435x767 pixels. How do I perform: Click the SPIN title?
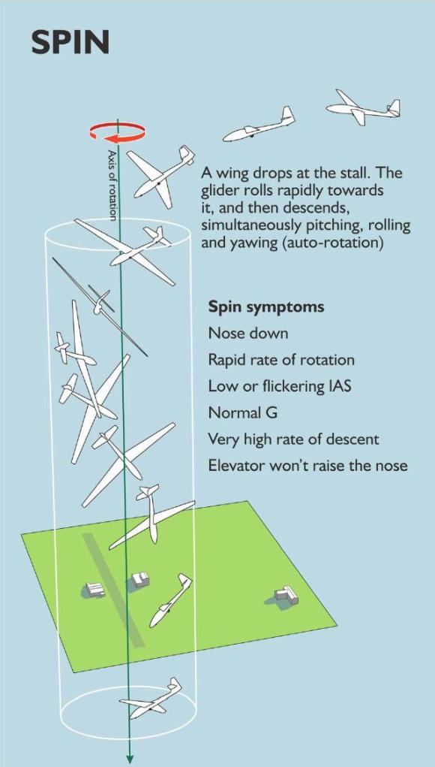click(70, 43)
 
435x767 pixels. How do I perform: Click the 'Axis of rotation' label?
click(112, 185)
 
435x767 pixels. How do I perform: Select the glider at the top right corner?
click(364, 108)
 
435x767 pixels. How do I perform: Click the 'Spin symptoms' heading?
click(265, 307)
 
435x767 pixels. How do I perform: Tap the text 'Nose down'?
click(247, 334)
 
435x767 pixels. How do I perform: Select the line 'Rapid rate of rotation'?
click(281, 360)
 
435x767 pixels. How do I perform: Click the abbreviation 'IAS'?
click(335, 386)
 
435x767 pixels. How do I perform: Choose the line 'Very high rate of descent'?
click(293, 439)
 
